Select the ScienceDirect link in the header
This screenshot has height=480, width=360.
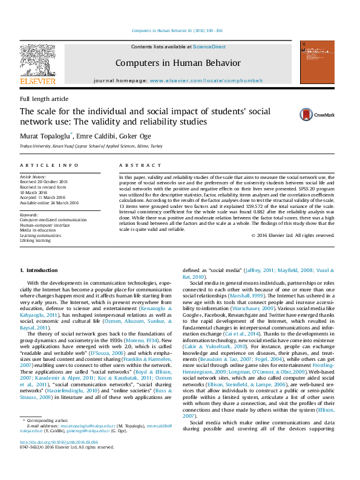pos(209,47)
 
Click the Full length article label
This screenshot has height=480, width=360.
pos(44,99)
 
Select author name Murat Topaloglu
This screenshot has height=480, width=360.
pos(45,135)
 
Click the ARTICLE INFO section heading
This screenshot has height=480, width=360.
pos(49,165)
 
